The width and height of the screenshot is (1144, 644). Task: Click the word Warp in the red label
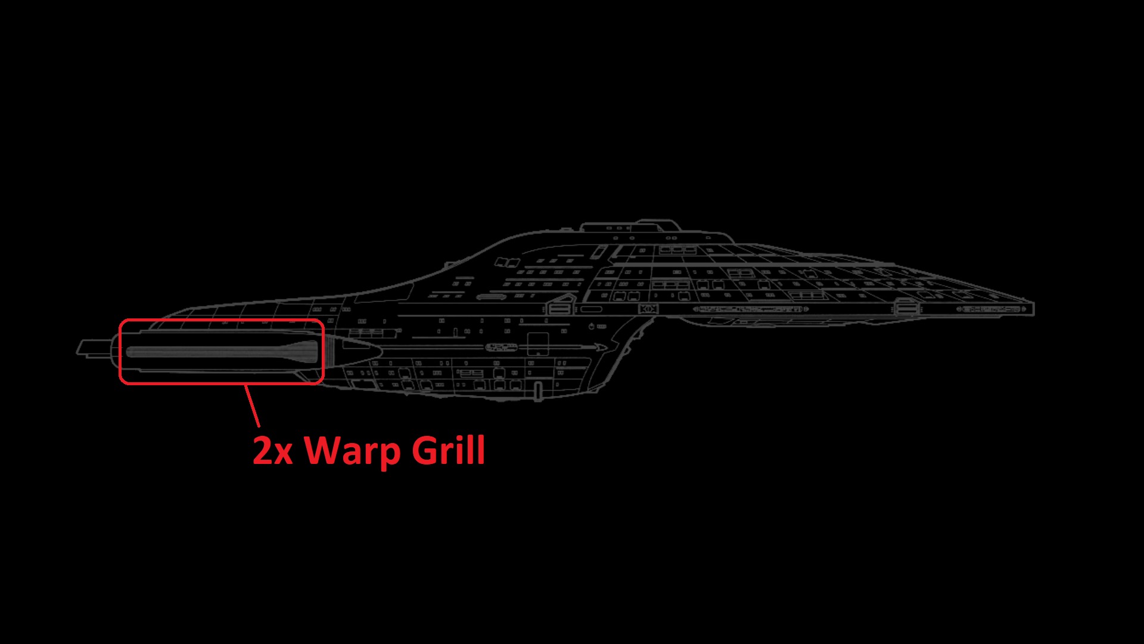(352, 451)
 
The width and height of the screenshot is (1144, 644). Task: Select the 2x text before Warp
(272, 451)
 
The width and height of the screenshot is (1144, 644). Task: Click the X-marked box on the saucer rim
(648, 309)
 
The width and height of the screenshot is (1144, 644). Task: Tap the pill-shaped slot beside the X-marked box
(591, 309)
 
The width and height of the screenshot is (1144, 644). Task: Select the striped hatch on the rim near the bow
(906, 308)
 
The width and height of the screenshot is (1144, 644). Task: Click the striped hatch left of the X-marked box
(559, 308)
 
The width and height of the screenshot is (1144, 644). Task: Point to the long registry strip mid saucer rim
(751, 309)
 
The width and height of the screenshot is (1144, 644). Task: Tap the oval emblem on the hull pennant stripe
(501, 347)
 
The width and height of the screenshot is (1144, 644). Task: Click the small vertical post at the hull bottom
(539, 392)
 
